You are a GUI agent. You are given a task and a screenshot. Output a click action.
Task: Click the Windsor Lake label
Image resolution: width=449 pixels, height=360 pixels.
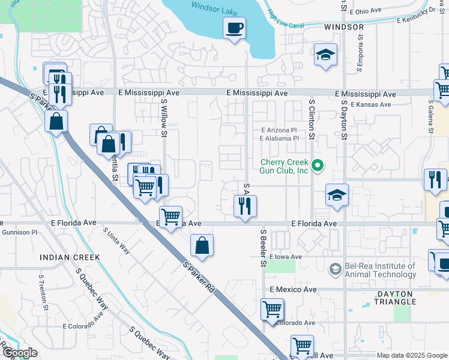[214, 5]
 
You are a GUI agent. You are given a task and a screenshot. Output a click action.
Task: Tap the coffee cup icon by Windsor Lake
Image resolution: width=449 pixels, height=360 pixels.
[234, 28]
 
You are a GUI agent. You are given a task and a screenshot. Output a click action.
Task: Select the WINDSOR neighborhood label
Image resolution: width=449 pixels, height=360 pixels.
[344, 28]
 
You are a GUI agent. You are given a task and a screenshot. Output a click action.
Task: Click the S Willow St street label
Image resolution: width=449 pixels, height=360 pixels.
[163, 118]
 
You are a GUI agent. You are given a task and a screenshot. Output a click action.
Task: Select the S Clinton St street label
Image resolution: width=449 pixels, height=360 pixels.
[312, 120]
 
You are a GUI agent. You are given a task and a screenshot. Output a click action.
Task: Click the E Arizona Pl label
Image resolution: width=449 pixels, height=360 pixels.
[279, 130]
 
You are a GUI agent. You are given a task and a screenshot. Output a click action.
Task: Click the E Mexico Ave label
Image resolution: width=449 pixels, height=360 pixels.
[292, 289]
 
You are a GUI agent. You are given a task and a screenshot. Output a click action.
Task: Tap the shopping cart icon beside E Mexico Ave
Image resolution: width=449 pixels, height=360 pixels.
[272, 310]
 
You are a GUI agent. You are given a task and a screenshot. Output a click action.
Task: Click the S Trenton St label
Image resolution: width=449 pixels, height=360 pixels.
[43, 293]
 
